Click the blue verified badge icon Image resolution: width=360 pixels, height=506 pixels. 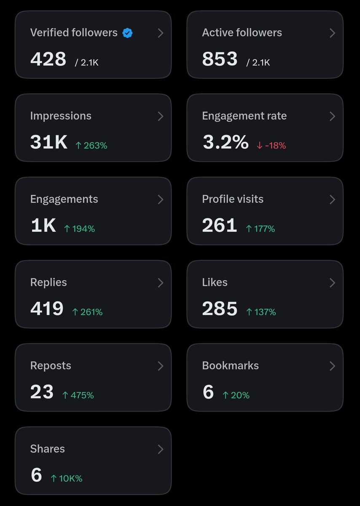(x=127, y=33)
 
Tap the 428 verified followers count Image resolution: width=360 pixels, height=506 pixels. (x=48, y=59)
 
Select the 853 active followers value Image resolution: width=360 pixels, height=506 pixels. (x=220, y=59)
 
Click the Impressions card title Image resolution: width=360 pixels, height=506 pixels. (x=61, y=116)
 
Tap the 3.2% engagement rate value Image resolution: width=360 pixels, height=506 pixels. (x=226, y=142)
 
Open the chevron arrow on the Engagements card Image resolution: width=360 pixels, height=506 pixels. (x=160, y=199)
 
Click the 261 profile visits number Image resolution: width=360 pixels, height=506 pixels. (x=220, y=225)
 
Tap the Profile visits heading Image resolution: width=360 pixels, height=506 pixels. (x=233, y=199)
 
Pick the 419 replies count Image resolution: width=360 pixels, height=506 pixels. (x=47, y=308)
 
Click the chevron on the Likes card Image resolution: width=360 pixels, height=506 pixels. (x=332, y=283)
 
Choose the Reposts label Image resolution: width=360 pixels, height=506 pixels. (x=51, y=366)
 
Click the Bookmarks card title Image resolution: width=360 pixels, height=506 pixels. (x=230, y=366)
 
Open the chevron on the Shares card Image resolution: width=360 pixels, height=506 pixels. (x=160, y=449)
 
